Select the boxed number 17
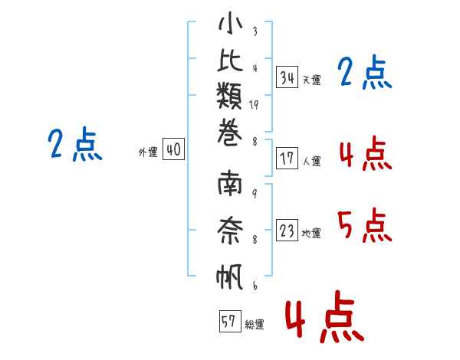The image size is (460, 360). (287, 159)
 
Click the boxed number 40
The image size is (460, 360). (173, 151)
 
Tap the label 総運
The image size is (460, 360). (255, 325)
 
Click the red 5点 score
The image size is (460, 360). (364, 225)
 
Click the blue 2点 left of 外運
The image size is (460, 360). (75, 145)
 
